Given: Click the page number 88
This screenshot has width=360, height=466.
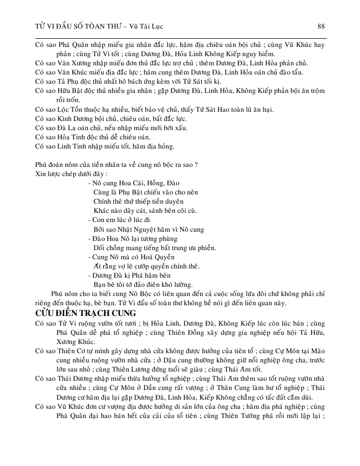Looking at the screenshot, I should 321,26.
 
